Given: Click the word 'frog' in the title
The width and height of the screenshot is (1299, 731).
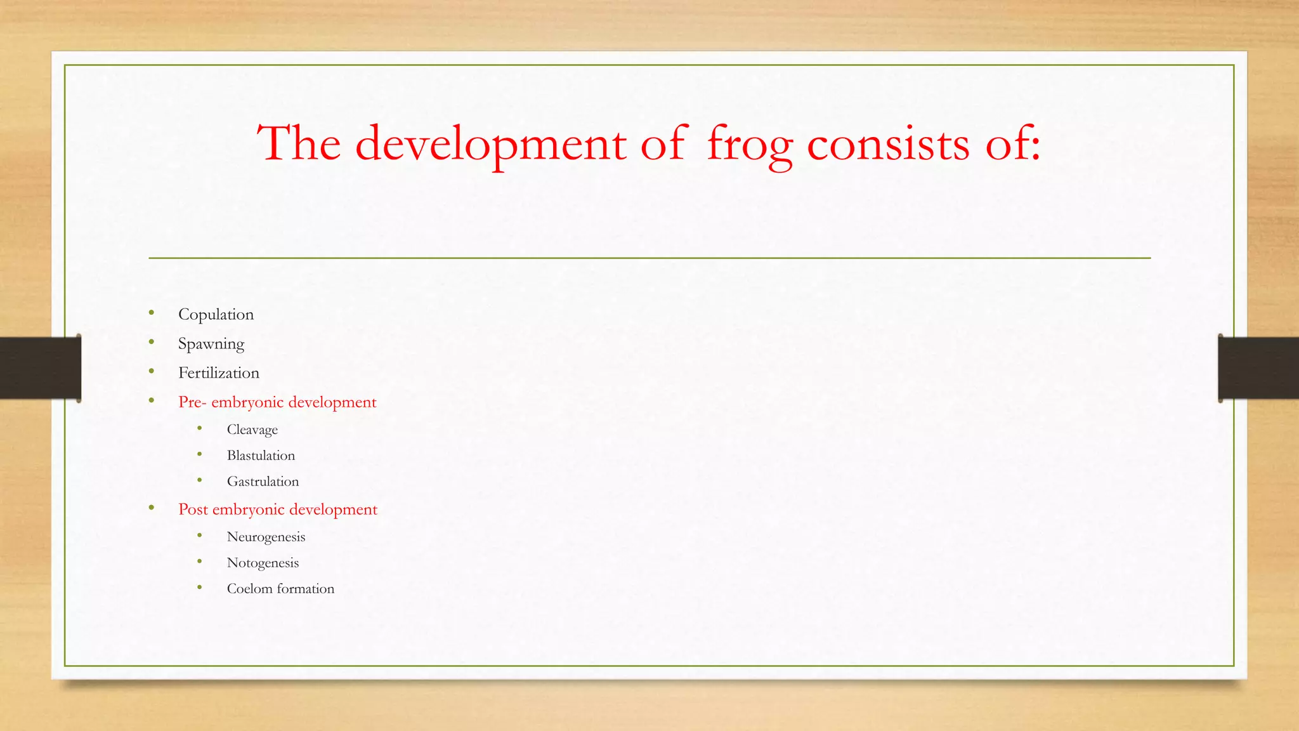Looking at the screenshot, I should [x=750, y=145].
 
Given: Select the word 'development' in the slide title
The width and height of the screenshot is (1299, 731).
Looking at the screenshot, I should [x=490, y=145].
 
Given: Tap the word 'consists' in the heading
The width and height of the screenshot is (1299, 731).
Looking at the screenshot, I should [x=888, y=145].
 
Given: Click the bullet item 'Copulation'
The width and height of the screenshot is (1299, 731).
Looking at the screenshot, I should [x=216, y=315].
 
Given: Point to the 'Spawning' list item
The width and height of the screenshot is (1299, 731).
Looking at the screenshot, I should [x=211, y=344].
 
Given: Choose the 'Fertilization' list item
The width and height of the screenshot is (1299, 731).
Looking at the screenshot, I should [x=218, y=373].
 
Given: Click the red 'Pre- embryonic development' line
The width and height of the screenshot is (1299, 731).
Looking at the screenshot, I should [x=277, y=402].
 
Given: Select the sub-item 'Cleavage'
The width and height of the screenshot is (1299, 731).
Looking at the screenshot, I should [x=252, y=430].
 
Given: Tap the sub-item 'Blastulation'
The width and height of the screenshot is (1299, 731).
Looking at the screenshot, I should [x=261, y=456].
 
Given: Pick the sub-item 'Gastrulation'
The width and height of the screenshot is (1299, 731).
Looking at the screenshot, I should [x=263, y=482].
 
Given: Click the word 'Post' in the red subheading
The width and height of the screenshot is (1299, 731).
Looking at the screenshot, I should [x=193, y=510].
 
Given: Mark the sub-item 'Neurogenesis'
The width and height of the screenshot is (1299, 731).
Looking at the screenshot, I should [x=266, y=537].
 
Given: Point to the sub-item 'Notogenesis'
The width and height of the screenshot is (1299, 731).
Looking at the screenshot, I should [x=263, y=563].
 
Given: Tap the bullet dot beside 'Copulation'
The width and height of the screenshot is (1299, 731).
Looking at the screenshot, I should [x=152, y=312].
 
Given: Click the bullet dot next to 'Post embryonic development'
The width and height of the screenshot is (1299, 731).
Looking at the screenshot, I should [x=152, y=508].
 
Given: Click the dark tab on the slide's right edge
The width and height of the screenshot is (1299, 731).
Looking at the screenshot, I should [x=1258, y=368].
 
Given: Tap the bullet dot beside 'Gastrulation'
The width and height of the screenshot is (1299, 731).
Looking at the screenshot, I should [x=200, y=480].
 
